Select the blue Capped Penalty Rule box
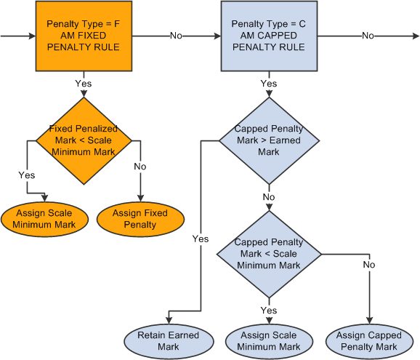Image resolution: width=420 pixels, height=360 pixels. tap(268, 36)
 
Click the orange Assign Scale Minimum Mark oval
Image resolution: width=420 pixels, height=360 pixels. tap(46, 219)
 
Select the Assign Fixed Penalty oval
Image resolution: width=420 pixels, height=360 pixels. tap(140, 219)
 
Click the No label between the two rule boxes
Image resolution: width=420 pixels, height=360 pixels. tap(176, 35)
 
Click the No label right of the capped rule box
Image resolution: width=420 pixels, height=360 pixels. tap(368, 35)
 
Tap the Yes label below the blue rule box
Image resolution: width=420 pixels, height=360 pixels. tap(268, 84)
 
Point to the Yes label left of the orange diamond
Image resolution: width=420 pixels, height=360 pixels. tap(26, 175)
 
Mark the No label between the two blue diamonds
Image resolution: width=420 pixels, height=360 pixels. tap(268, 196)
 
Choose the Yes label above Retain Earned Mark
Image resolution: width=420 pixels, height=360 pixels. tap(201, 239)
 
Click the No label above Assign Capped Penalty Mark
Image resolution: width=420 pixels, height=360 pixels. tap(370, 265)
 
